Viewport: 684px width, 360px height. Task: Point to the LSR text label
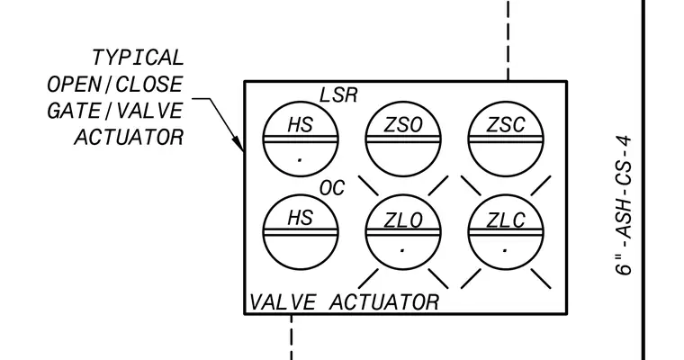(338, 95)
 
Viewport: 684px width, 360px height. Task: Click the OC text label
(332, 188)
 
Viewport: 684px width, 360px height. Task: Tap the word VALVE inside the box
(283, 302)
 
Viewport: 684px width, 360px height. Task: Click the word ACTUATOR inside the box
(384, 302)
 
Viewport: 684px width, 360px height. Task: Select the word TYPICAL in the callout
(138, 58)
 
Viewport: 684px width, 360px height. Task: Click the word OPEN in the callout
(74, 85)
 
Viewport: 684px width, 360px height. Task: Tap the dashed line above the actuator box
(508, 40)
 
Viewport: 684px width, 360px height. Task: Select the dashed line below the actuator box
(292, 337)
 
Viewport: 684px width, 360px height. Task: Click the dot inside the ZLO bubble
(402, 250)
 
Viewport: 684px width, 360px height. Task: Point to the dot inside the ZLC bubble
(505, 250)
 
